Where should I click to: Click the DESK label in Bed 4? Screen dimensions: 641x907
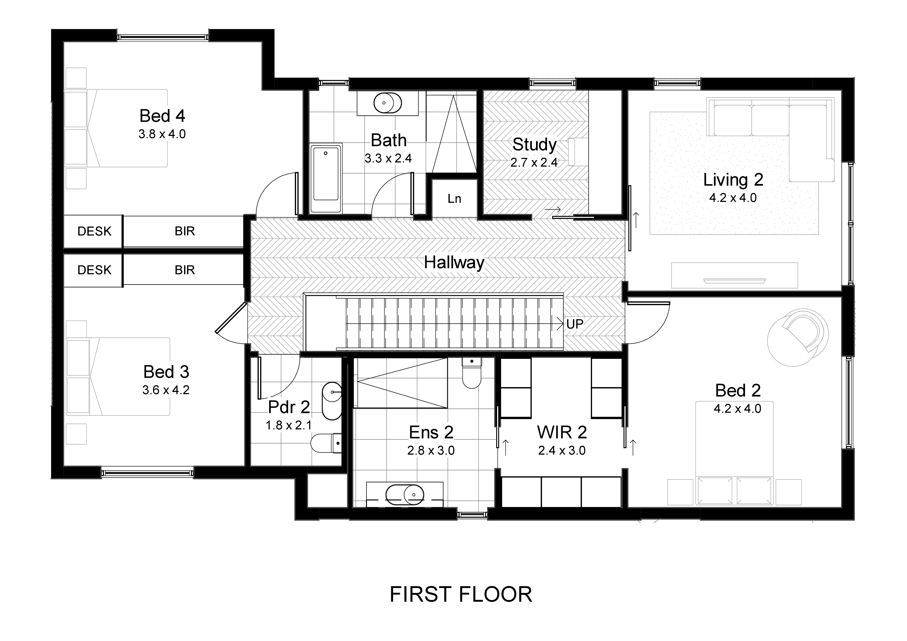94,231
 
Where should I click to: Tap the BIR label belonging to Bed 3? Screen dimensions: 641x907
184,270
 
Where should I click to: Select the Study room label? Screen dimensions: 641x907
534,145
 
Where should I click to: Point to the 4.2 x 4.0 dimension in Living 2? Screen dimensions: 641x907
733,198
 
